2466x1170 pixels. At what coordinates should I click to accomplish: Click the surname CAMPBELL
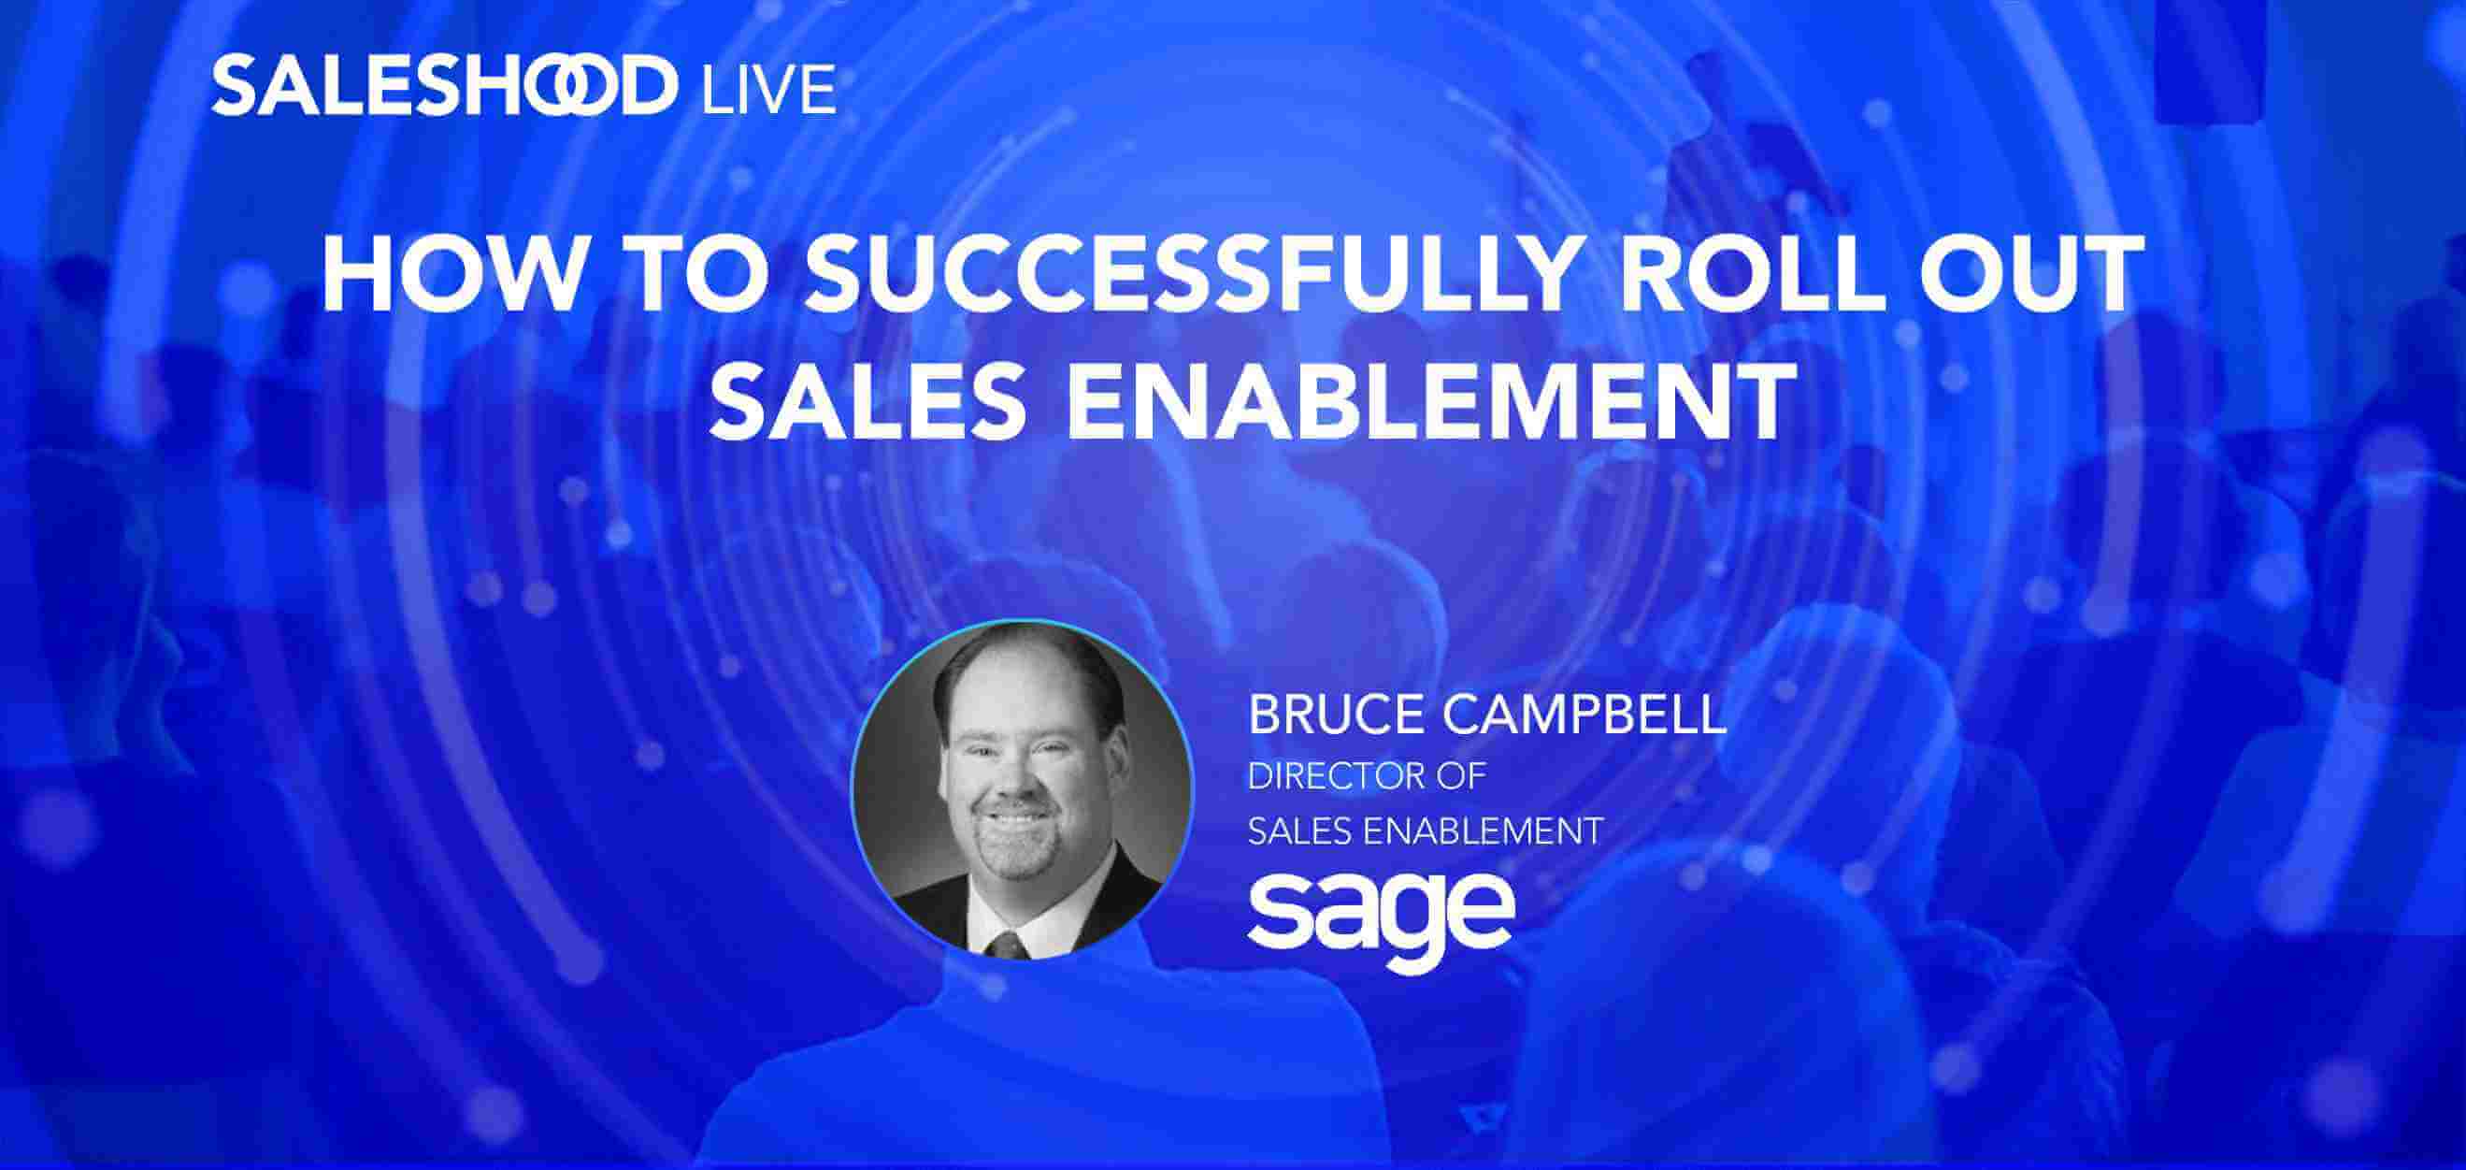(1589, 716)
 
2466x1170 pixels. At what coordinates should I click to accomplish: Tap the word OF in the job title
(1463, 775)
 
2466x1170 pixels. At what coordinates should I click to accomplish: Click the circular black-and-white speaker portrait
(1024, 790)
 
